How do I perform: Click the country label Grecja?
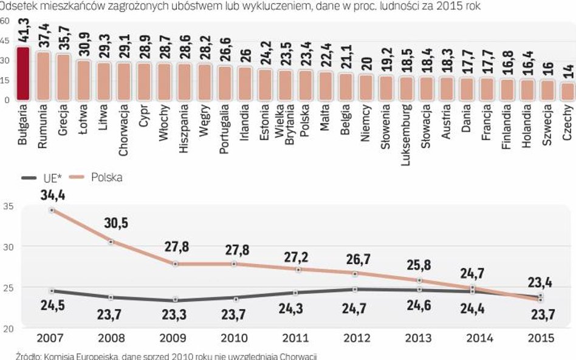pos(63,118)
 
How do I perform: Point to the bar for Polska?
pos(306,84)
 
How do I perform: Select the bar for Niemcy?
pos(366,87)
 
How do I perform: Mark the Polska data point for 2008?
pos(111,242)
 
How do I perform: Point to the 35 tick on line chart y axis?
pos(7,206)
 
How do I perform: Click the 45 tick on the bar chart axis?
pos(5,40)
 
